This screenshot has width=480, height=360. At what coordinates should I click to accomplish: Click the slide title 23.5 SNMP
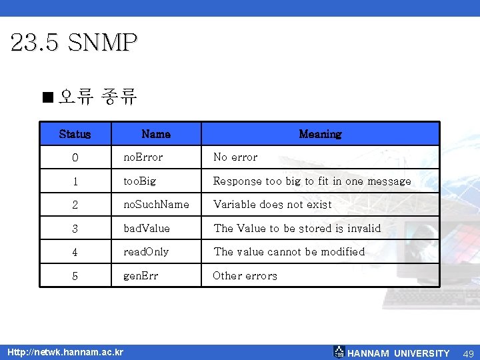click(x=74, y=43)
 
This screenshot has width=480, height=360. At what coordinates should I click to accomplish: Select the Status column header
click(x=75, y=134)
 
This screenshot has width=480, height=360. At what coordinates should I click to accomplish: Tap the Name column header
click(x=156, y=134)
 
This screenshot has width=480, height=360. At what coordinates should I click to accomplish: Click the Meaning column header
click(x=320, y=134)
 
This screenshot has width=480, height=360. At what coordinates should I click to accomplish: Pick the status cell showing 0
click(x=75, y=158)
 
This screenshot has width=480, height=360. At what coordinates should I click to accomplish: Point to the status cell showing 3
click(x=75, y=229)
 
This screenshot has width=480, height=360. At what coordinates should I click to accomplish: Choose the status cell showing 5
click(x=75, y=276)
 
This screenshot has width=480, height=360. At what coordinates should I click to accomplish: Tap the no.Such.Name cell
click(x=156, y=205)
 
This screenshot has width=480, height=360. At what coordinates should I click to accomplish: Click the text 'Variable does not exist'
click(x=272, y=205)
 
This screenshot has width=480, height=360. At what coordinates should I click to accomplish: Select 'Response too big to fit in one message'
click(x=312, y=181)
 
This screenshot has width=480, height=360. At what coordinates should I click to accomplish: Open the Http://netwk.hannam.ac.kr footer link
click(x=64, y=351)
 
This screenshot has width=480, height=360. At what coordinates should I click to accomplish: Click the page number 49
click(x=469, y=353)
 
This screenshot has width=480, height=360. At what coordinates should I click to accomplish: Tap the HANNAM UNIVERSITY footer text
click(x=399, y=353)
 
